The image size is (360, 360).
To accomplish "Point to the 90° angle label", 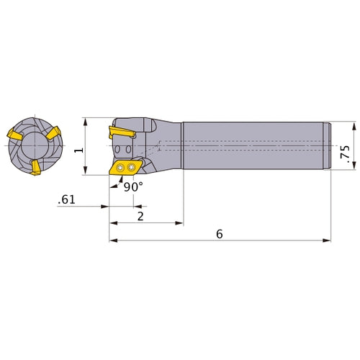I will click(x=133, y=186).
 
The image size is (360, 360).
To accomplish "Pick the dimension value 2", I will click(x=140, y=216).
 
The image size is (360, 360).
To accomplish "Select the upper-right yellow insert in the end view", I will click(x=53, y=133).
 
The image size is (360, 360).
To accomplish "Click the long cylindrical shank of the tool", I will click(x=256, y=145).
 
